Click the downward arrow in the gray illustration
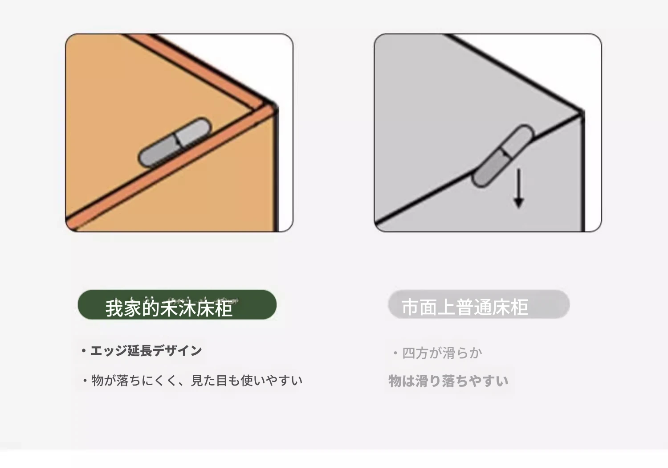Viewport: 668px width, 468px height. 519,188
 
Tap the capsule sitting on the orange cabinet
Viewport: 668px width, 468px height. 175,142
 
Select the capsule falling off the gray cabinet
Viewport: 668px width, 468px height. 502,156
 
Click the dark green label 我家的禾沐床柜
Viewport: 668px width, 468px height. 177,304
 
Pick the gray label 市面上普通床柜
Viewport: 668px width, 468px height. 479,304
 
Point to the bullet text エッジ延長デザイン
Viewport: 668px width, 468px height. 146,351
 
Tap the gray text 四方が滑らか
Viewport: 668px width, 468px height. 442,353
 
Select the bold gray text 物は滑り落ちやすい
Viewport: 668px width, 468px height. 448,381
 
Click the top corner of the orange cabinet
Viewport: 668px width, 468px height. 273,106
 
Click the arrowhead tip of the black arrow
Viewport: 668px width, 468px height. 519,208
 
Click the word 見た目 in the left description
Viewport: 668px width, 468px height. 209,381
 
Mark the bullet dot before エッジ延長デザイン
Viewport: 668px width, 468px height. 84,351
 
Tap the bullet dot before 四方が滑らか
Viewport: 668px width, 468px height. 395,353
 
